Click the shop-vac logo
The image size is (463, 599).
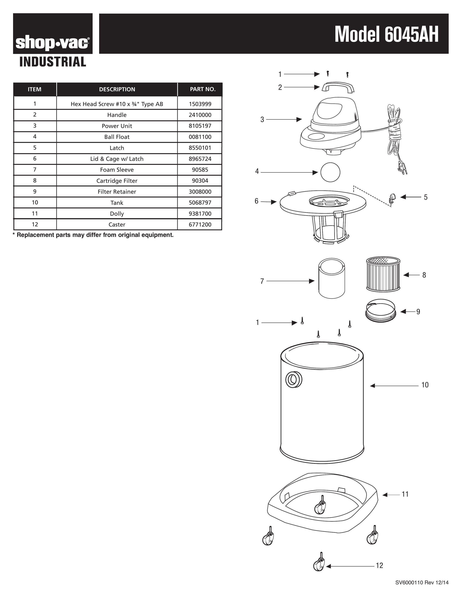pyautogui.click(x=53, y=43)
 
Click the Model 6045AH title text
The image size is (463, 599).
pyautogui.click(x=386, y=35)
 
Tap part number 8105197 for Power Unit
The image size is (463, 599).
pyautogui.click(x=200, y=126)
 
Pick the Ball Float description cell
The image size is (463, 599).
pyautogui.click(x=117, y=137)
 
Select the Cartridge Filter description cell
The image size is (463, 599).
pyautogui.click(x=117, y=181)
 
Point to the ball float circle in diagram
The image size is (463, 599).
pyautogui.click(x=330, y=172)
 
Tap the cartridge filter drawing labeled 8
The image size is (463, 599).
pyautogui.click(x=383, y=274)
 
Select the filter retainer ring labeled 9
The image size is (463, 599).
pyautogui.click(x=381, y=310)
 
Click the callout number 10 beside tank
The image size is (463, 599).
pyautogui.click(x=425, y=385)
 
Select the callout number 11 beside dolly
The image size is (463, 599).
pyautogui.click(x=405, y=494)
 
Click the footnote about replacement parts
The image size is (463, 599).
pyautogui.click(x=93, y=235)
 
